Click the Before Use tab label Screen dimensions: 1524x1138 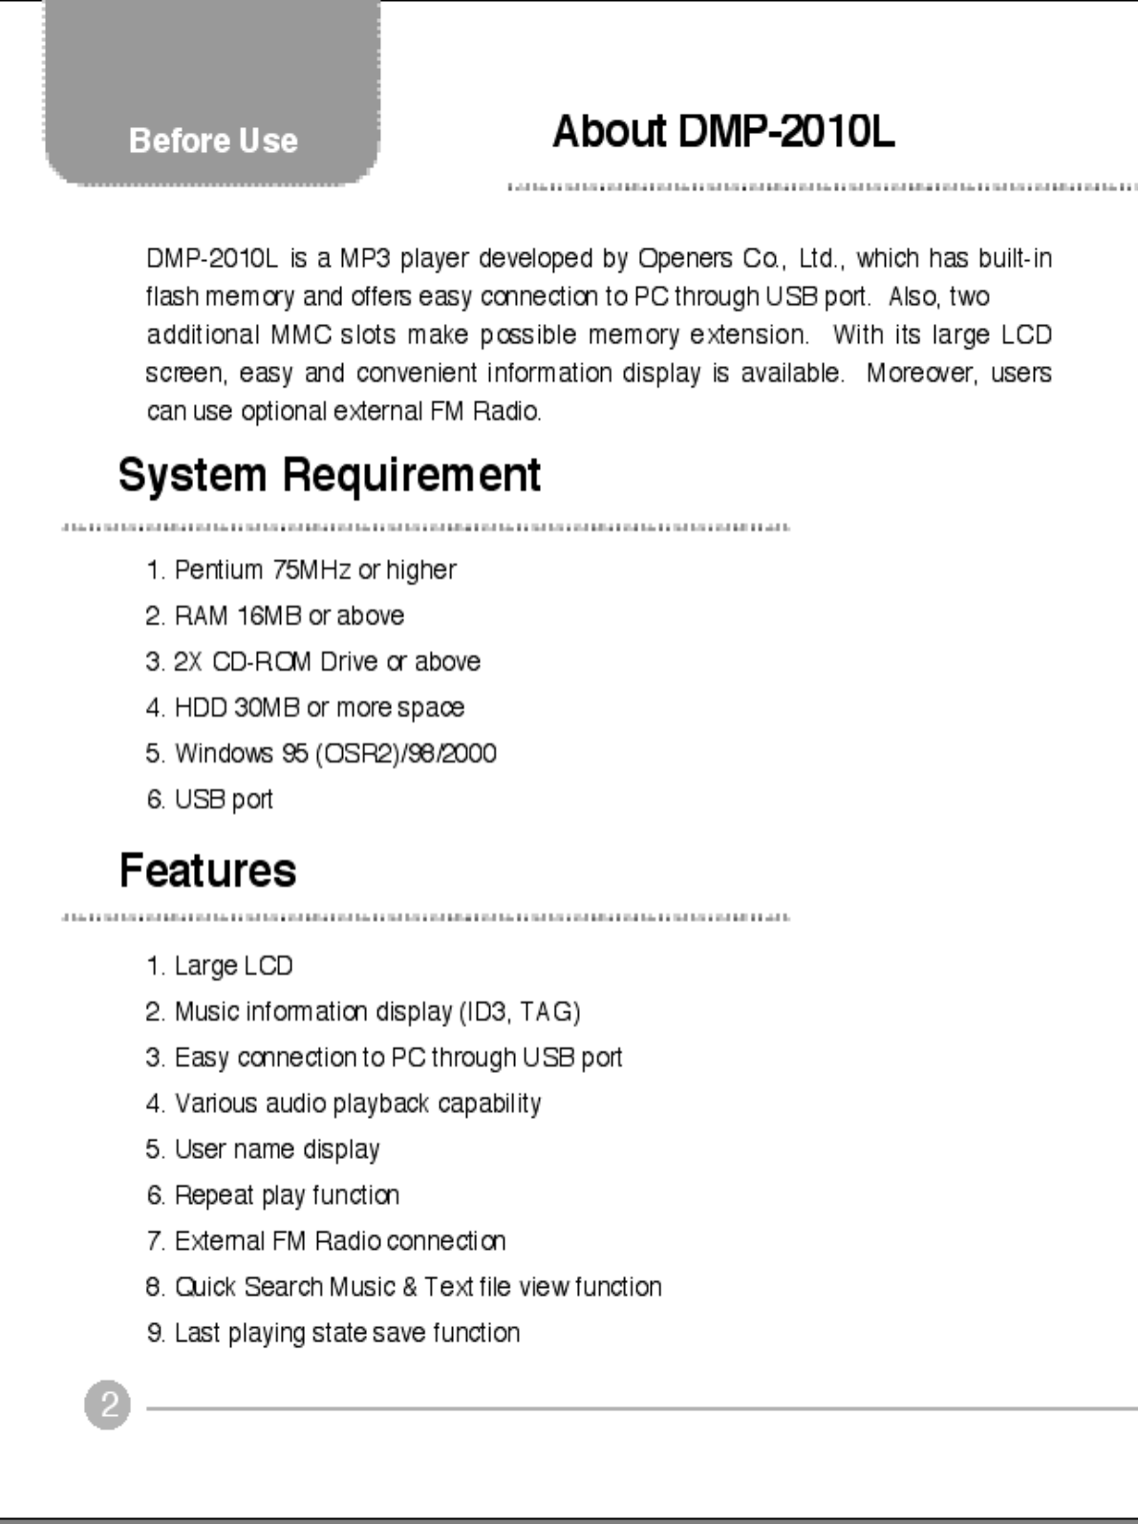(x=213, y=140)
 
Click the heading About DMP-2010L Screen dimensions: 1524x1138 (x=723, y=132)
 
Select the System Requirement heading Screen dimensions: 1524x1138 (x=330, y=475)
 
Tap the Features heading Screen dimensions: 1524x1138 (x=207, y=870)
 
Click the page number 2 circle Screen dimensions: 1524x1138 (x=107, y=1406)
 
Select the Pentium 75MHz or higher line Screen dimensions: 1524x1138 (x=301, y=570)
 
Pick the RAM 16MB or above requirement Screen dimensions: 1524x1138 (x=275, y=616)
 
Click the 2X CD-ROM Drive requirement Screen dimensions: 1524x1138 (x=313, y=662)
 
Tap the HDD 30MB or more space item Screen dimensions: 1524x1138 (x=306, y=708)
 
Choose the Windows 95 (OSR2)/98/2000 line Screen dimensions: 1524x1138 (x=321, y=754)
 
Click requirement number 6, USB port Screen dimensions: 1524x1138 (x=210, y=800)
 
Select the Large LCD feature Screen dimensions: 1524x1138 (x=220, y=966)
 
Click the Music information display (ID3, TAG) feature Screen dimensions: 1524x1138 (x=363, y=1012)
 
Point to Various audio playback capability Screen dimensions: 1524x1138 (x=344, y=1104)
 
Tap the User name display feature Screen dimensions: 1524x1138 (x=263, y=1149)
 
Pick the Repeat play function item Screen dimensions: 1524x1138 (x=273, y=1195)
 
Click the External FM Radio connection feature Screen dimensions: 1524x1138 (x=326, y=1241)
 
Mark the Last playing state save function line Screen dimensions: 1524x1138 (x=333, y=1333)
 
